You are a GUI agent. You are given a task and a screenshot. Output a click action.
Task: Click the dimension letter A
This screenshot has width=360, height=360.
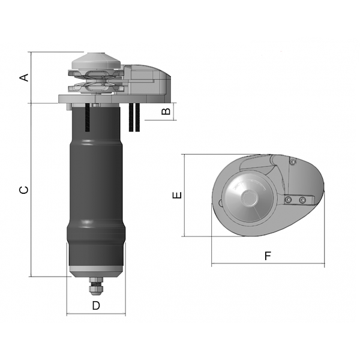coord(24,77)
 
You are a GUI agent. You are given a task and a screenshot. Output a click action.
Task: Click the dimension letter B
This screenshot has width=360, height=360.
coord(166,112)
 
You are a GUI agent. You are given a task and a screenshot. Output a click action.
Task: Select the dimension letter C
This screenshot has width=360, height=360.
coord(24,190)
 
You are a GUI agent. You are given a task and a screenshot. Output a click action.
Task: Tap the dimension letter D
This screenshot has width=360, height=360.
coord(96,305)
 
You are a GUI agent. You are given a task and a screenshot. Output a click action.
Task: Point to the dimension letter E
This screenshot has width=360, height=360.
coord(177,195)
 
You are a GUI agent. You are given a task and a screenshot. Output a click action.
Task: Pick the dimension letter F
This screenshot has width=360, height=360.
coord(268,256)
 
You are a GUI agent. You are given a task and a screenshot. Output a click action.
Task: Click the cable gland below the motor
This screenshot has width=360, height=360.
coord(96,286)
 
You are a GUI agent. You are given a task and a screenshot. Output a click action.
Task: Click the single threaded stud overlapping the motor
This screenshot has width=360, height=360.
coord(87,118)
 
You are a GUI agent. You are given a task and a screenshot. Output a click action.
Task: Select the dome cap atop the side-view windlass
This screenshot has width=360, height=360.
coord(96,61)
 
